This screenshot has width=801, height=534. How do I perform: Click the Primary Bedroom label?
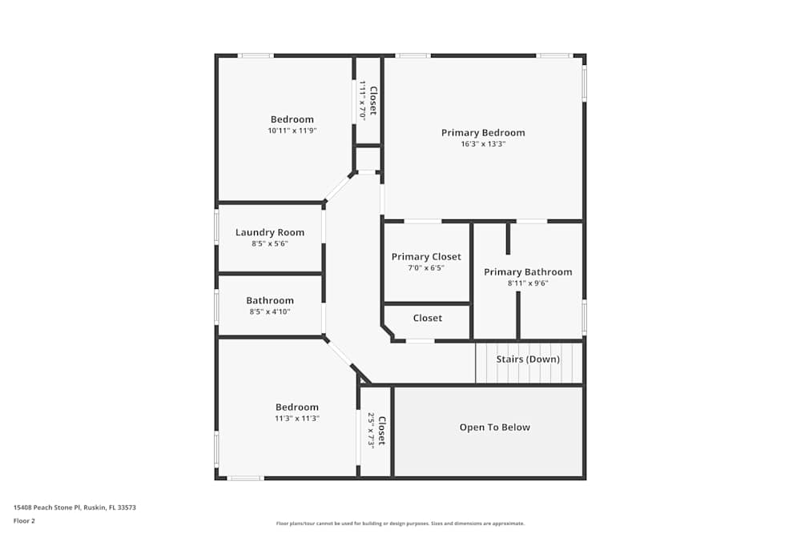(x=483, y=133)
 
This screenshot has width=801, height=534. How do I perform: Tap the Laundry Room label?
(x=270, y=233)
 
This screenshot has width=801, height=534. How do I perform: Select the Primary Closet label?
(x=426, y=257)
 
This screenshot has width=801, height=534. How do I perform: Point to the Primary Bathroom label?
(x=528, y=272)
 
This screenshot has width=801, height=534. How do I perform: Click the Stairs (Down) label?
(x=528, y=359)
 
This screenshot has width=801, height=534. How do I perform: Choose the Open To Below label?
(x=495, y=428)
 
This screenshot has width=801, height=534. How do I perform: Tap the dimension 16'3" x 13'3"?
(x=483, y=144)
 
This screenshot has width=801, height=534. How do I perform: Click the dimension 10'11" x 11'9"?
(x=292, y=130)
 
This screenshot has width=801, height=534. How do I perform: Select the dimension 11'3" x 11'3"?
(x=297, y=418)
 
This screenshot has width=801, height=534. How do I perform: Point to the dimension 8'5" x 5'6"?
(x=269, y=243)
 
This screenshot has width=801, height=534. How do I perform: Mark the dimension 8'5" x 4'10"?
(x=270, y=311)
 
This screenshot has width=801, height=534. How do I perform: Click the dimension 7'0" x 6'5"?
(x=426, y=268)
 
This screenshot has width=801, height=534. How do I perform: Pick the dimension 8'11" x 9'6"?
(x=528, y=283)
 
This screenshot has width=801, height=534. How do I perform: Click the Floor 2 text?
(x=24, y=520)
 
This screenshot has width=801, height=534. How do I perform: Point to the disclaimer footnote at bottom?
(x=400, y=524)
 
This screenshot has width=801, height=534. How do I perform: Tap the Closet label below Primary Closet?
(x=428, y=319)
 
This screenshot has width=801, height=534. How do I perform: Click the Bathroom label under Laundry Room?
(x=270, y=301)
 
